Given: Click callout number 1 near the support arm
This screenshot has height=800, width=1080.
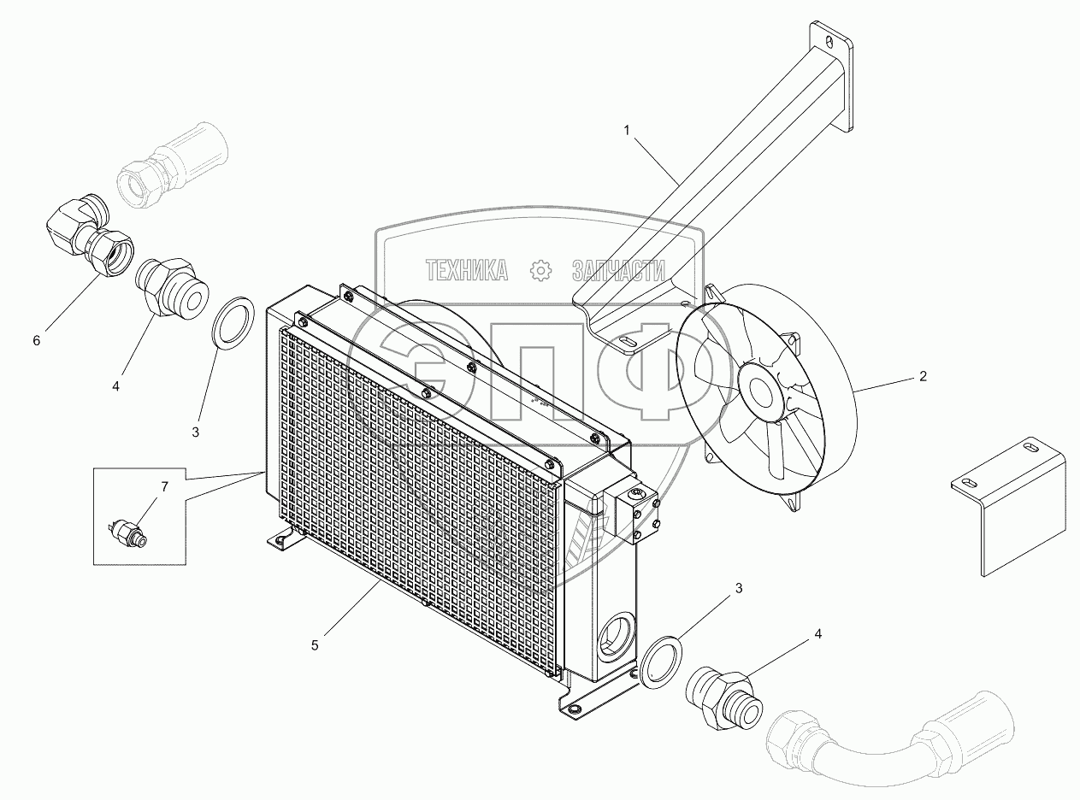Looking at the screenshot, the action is point(627,131).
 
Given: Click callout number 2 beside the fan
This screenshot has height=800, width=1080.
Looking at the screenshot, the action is point(923,376).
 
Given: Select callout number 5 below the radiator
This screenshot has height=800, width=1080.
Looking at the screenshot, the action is point(315,645).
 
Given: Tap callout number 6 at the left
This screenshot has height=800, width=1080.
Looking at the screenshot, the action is point(36,340).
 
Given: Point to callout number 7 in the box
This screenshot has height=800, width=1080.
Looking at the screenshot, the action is point(164,487).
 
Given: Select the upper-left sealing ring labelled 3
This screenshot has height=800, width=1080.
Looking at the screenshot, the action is point(232,324).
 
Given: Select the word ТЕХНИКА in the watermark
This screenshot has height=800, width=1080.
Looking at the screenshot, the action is point(467,271).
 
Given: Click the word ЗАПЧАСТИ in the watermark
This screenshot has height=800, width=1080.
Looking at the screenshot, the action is point(618,271).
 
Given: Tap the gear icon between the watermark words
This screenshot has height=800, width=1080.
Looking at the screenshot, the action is point(541,271).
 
